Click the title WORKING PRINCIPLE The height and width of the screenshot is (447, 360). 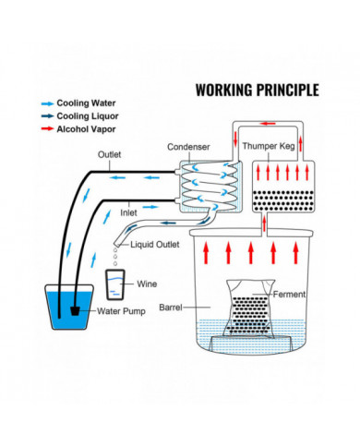point(257,91)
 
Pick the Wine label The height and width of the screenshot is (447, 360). point(148,284)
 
